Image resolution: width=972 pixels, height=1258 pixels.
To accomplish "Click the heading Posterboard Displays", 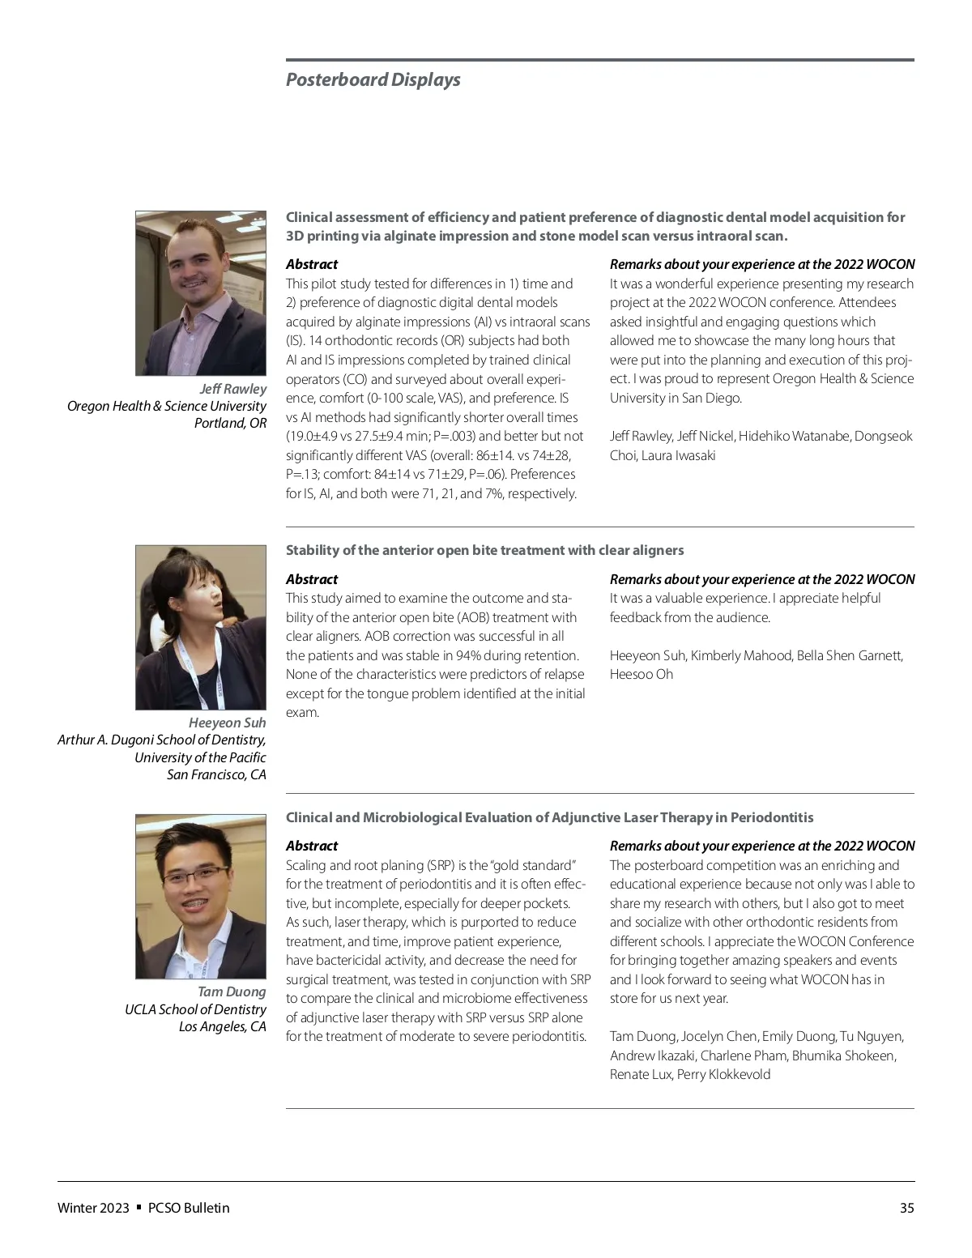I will [373, 79].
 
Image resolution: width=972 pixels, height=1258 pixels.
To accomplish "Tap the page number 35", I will [906, 1208].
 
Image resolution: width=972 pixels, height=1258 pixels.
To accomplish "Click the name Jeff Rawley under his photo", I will [232, 389].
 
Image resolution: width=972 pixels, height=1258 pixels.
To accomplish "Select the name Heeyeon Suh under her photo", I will [227, 723].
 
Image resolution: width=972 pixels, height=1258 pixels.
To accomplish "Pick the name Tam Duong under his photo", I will [232, 991].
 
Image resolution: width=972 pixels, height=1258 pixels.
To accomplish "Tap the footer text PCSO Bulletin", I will [189, 1208].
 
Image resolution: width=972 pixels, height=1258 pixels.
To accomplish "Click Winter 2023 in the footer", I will [93, 1208].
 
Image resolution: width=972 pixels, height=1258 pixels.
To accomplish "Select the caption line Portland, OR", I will [230, 423].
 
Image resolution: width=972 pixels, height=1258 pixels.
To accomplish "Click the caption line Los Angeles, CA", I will [222, 1026].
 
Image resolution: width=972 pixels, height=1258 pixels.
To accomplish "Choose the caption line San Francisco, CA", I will [216, 774].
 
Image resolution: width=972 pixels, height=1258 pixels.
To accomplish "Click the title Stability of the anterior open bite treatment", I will [484, 550].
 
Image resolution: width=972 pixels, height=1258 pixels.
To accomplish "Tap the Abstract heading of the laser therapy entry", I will [312, 846].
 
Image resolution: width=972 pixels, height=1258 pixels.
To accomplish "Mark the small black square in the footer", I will [139, 1207].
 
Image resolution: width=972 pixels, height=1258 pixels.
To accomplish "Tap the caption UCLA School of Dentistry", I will [195, 1009].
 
